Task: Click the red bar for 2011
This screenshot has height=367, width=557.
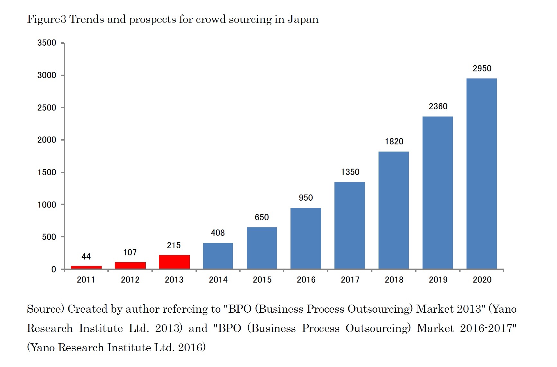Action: pos(86,267)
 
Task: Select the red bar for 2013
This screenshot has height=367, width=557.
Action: pos(174,262)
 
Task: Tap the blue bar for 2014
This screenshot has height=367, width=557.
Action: pos(218,256)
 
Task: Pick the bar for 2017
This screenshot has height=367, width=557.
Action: pos(350,225)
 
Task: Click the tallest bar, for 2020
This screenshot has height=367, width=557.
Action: pos(481,174)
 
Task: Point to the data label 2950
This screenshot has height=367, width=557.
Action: pos(482,69)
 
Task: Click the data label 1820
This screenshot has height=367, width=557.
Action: pos(394,142)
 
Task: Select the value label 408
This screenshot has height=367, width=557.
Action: pos(218,233)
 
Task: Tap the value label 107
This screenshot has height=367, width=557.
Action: pos(130,252)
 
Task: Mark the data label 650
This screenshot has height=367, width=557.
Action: pos(262,217)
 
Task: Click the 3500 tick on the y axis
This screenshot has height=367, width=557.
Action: pos(47,43)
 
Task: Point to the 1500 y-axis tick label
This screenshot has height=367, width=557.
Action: pos(47,172)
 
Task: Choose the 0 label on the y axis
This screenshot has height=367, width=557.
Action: pos(54,270)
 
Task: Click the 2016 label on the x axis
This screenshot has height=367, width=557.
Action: pos(306,280)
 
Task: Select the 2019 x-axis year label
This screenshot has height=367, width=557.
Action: pos(438,280)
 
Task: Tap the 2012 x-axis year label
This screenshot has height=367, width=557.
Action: pos(130,280)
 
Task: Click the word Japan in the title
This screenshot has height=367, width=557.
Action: pos(303,19)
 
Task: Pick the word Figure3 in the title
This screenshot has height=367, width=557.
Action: pos(47,19)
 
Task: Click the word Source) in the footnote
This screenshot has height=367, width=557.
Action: pos(46,309)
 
